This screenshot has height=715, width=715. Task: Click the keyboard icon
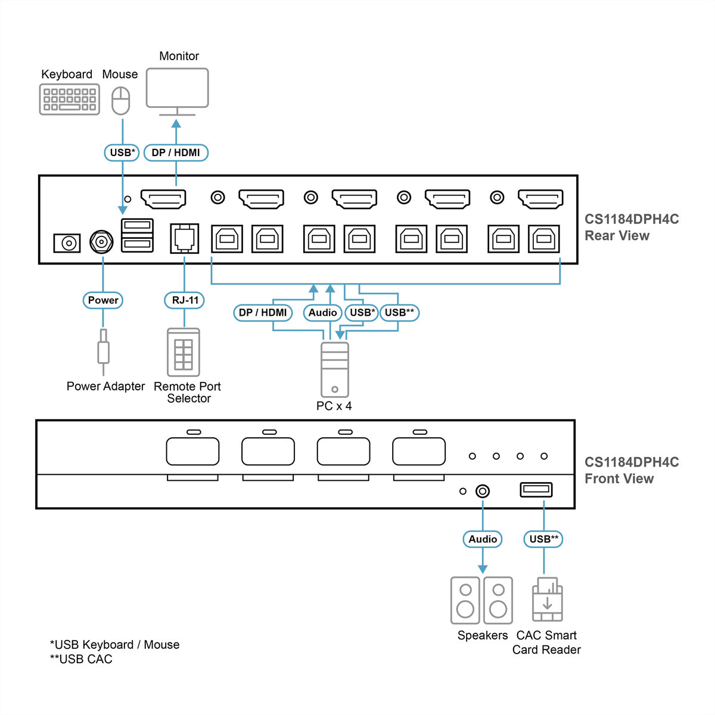[69, 99]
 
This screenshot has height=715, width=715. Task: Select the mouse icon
[120, 101]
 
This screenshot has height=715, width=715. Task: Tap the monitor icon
[178, 92]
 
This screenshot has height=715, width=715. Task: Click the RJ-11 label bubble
[184, 300]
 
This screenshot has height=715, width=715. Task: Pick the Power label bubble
[102, 300]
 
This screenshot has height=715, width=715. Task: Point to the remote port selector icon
[184, 352]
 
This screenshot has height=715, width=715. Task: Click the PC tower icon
[335, 369]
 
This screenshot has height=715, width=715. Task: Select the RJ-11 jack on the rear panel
[184, 238]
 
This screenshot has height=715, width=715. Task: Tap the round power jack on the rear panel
[101, 243]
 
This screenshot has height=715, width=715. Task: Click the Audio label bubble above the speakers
[483, 539]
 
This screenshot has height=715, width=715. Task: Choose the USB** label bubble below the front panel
[543, 539]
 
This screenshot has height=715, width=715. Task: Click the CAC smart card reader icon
[548, 599]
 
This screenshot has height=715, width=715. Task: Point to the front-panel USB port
[536, 490]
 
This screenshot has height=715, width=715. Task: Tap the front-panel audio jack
[483, 491]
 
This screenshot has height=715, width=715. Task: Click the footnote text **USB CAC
[81, 659]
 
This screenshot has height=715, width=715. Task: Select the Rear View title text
[617, 235]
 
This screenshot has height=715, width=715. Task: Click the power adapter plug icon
[103, 352]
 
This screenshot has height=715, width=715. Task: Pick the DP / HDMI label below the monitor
[176, 153]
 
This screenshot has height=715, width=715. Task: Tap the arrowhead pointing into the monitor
[176, 123]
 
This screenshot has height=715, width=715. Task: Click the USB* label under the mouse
[122, 153]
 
